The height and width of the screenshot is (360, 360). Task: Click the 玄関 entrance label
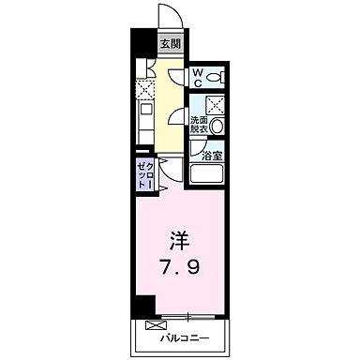point(171,43)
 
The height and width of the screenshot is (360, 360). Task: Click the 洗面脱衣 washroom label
point(199,125)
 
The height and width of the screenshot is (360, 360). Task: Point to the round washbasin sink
point(217,126)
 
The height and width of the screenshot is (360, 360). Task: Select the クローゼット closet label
point(145,176)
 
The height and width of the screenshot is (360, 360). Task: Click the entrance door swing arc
point(169,15)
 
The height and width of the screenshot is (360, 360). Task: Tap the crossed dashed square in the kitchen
point(144,90)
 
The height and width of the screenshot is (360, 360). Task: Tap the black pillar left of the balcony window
point(142,306)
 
